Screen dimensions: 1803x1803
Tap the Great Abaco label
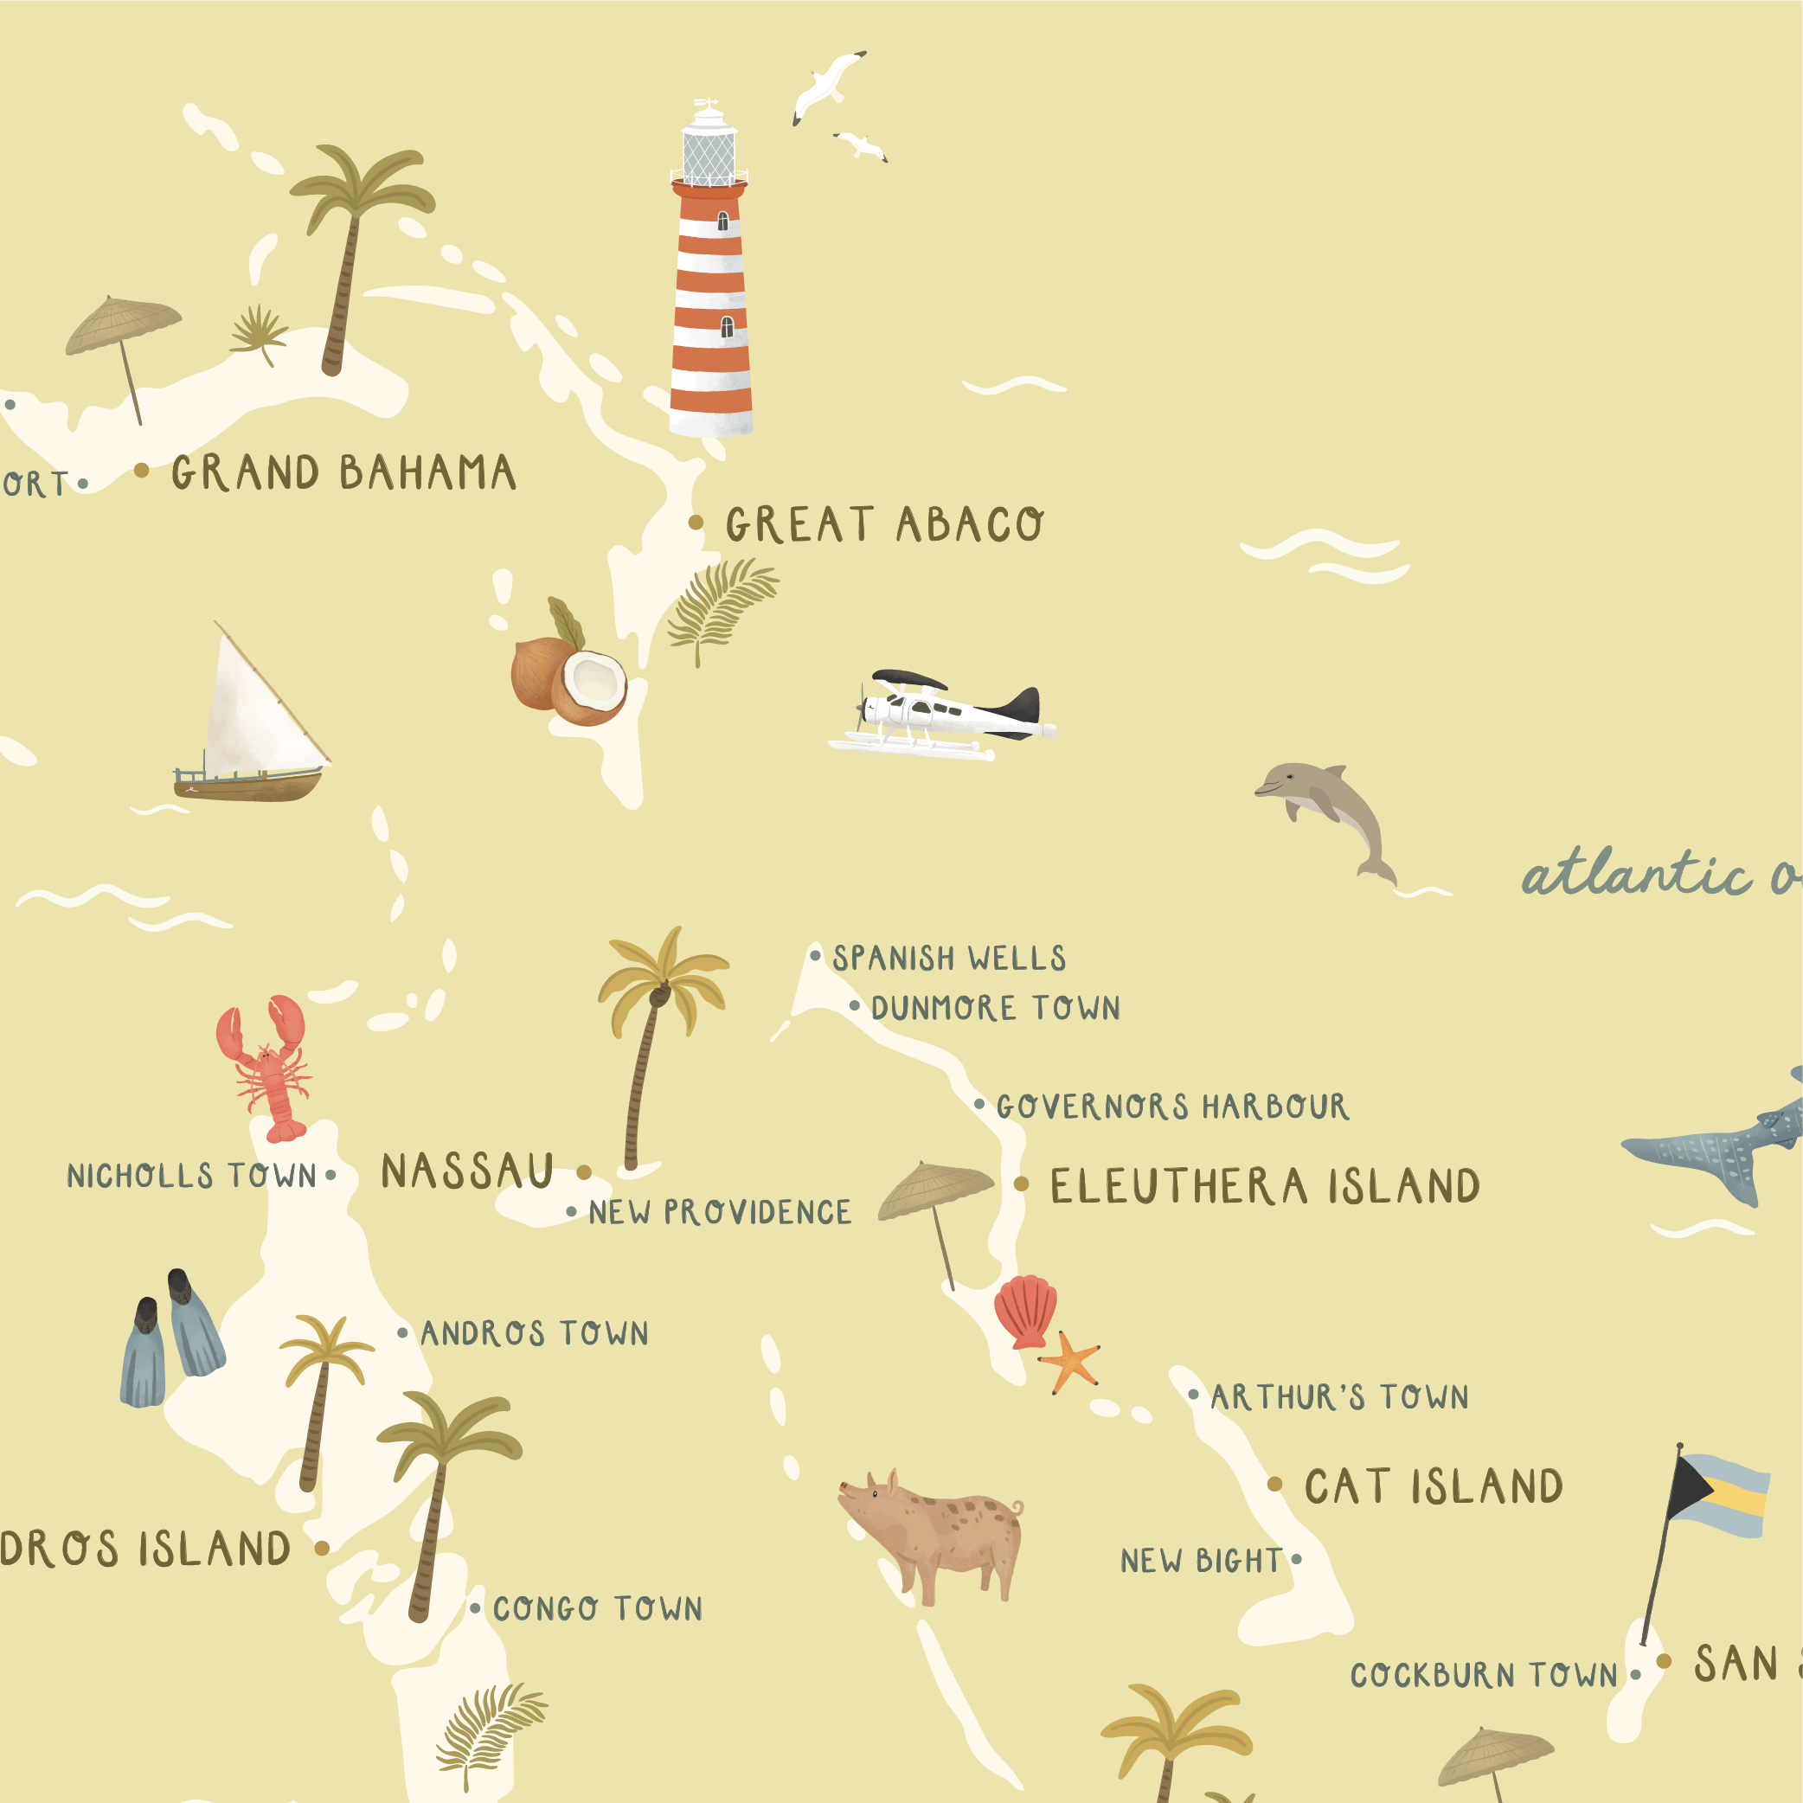(884, 523)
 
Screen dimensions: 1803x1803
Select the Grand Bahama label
(343, 472)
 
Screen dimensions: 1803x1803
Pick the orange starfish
(1069, 1362)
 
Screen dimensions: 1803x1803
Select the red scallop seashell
(1024, 1312)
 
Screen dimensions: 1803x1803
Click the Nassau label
(467, 1171)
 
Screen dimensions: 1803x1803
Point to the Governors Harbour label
(1172, 1107)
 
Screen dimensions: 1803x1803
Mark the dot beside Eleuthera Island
(1022, 1184)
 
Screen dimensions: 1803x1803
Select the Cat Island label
(1433, 1486)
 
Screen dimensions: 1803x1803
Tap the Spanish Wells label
(949, 959)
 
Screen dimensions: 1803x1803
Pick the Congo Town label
(597, 1609)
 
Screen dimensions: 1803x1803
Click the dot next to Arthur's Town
(1194, 1396)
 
